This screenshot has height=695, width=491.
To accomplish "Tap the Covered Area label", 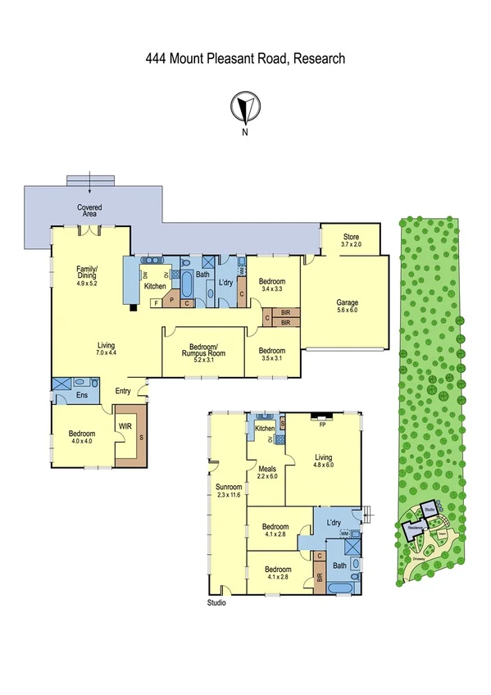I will point(89,211).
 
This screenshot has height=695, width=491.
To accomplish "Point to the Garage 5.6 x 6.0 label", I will point(347,307).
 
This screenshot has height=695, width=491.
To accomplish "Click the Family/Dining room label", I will point(87,275).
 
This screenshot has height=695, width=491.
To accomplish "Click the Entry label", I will point(123,391).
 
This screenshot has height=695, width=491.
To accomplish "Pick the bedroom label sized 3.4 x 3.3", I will point(271,284).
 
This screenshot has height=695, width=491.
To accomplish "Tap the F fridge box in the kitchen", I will point(157,303).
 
